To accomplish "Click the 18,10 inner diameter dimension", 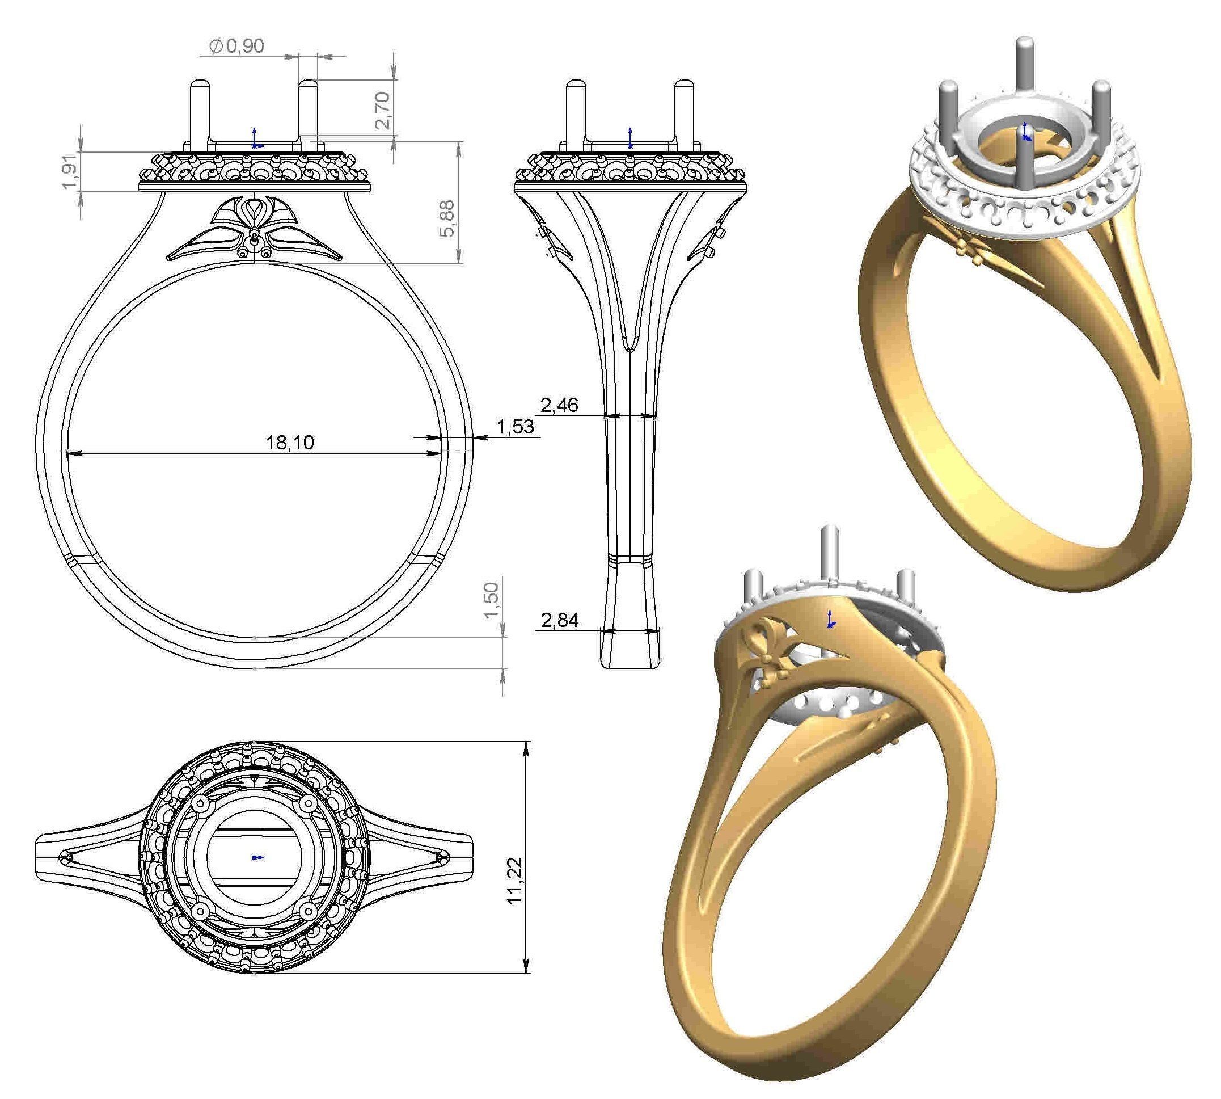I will point(290,443).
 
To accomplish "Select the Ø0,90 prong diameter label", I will point(236,46).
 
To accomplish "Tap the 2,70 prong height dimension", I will point(383,111).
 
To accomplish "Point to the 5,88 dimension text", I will point(447,218).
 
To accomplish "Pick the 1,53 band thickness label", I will point(515,427).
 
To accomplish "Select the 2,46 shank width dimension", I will point(559,405).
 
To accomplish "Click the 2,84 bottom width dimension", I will point(560,620).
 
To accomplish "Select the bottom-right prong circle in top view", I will point(309,910).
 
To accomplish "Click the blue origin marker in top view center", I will point(256,857).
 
